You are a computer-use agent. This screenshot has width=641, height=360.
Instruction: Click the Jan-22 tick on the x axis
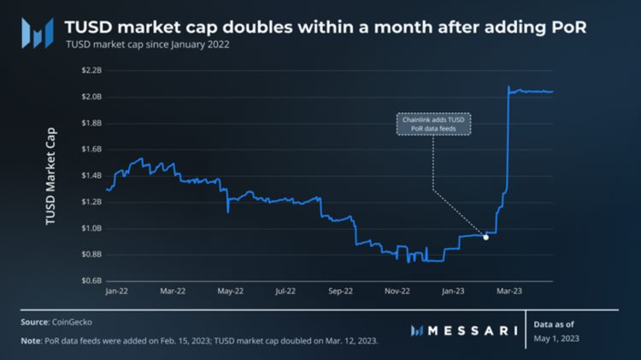click(116, 292)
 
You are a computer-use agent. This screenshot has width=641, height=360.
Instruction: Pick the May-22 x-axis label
click(230, 292)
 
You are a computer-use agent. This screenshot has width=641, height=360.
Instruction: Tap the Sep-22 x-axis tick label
click(341, 292)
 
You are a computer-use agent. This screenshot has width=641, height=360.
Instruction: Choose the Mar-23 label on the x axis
click(511, 292)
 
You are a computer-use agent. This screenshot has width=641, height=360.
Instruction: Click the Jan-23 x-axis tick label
click(454, 292)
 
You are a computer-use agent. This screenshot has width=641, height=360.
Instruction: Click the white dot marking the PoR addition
click(485, 237)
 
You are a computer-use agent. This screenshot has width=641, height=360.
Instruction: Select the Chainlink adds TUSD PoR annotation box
click(436, 125)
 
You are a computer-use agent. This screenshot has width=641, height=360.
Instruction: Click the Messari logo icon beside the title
click(37, 32)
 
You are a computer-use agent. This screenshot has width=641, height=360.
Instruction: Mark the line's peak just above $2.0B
click(509, 87)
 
